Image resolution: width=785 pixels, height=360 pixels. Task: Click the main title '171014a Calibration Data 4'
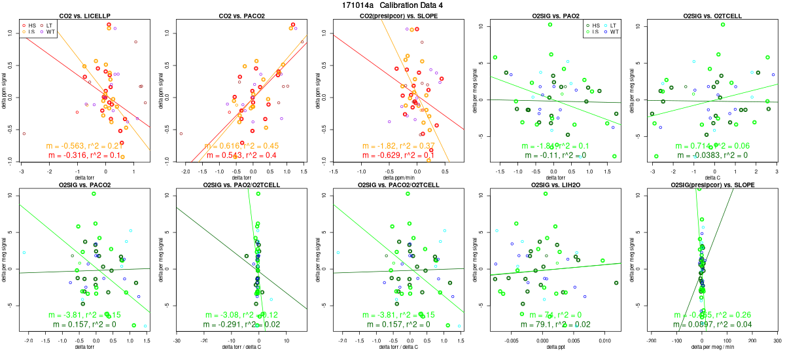point(392,5)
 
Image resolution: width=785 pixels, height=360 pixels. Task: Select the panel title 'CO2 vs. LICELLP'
point(85,15)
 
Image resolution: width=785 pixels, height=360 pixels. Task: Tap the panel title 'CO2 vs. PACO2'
point(241,15)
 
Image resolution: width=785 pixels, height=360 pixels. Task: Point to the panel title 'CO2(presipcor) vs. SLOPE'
point(398,15)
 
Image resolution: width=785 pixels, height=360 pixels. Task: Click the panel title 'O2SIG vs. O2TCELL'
point(712,15)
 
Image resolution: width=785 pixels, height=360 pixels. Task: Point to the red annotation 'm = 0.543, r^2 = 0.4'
point(241,155)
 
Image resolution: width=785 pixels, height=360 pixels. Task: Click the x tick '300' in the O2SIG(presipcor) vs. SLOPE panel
point(776,341)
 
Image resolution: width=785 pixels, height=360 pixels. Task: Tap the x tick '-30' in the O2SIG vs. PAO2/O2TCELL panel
point(177,341)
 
